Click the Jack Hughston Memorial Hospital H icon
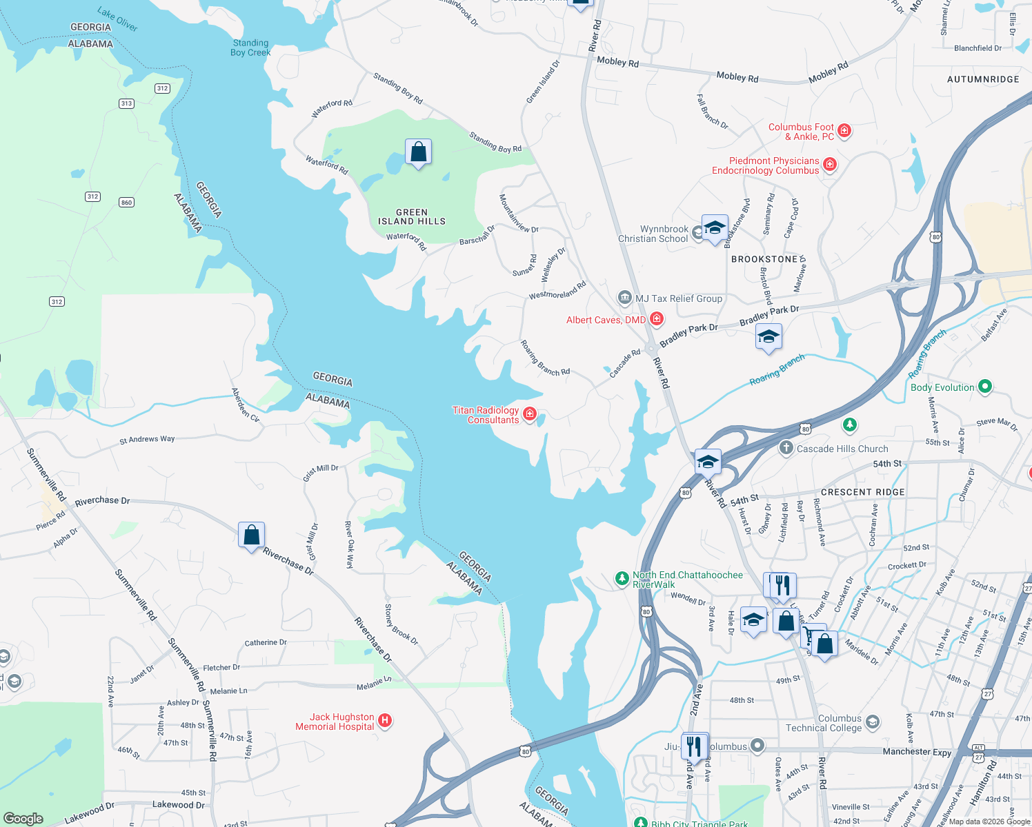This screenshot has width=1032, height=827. pyautogui.click(x=386, y=721)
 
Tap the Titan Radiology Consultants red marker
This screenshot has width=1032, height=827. pyautogui.click(x=530, y=414)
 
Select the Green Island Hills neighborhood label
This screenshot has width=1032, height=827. pyautogui.click(x=412, y=217)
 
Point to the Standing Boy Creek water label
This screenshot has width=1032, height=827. pyautogui.click(x=250, y=48)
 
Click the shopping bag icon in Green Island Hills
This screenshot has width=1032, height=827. pyautogui.click(x=418, y=152)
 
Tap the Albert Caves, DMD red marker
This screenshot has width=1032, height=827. pyautogui.click(x=657, y=319)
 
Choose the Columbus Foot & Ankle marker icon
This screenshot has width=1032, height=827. pyautogui.click(x=844, y=131)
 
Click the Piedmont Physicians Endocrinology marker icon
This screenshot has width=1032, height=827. pyautogui.click(x=830, y=165)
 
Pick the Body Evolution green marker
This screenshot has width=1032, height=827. pyautogui.click(x=985, y=387)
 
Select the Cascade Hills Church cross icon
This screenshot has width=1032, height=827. pyautogui.click(x=786, y=449)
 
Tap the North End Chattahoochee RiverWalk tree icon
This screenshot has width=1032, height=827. pyautogui.click(x=622, y=579)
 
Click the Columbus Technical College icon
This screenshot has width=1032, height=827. pyautogui.click(x=873, y=722)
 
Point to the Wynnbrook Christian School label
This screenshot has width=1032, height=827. pyautogui.click(x=653, y=234)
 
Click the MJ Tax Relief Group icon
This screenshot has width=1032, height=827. pyautogui.click(x=625, y=298)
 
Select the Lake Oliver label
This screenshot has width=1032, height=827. pyautogui.click(x=117, y=19)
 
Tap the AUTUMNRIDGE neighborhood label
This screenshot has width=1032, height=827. pyautogui.click(x=983, y=79)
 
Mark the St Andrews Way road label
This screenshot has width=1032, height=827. pyautogui.click(x=147, y=439)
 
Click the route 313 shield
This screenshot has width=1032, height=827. pyautogui.click(x=126, y=103)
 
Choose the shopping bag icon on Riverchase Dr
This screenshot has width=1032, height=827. pyautogui.click(x=251, y=535)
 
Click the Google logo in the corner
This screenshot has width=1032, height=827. pyautogui.click(x=23, y=819)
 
